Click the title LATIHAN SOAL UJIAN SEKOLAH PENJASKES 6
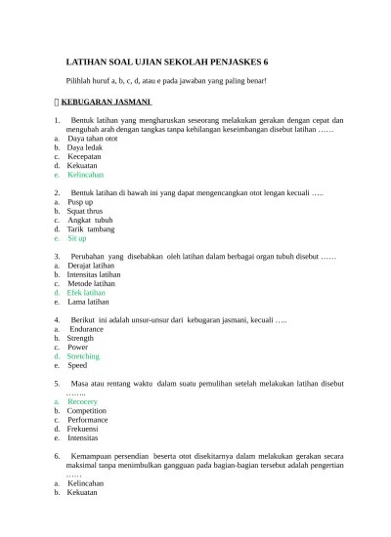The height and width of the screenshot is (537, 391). tap(165, 60)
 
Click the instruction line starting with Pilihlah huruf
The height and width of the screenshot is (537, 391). tap(165, 81)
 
